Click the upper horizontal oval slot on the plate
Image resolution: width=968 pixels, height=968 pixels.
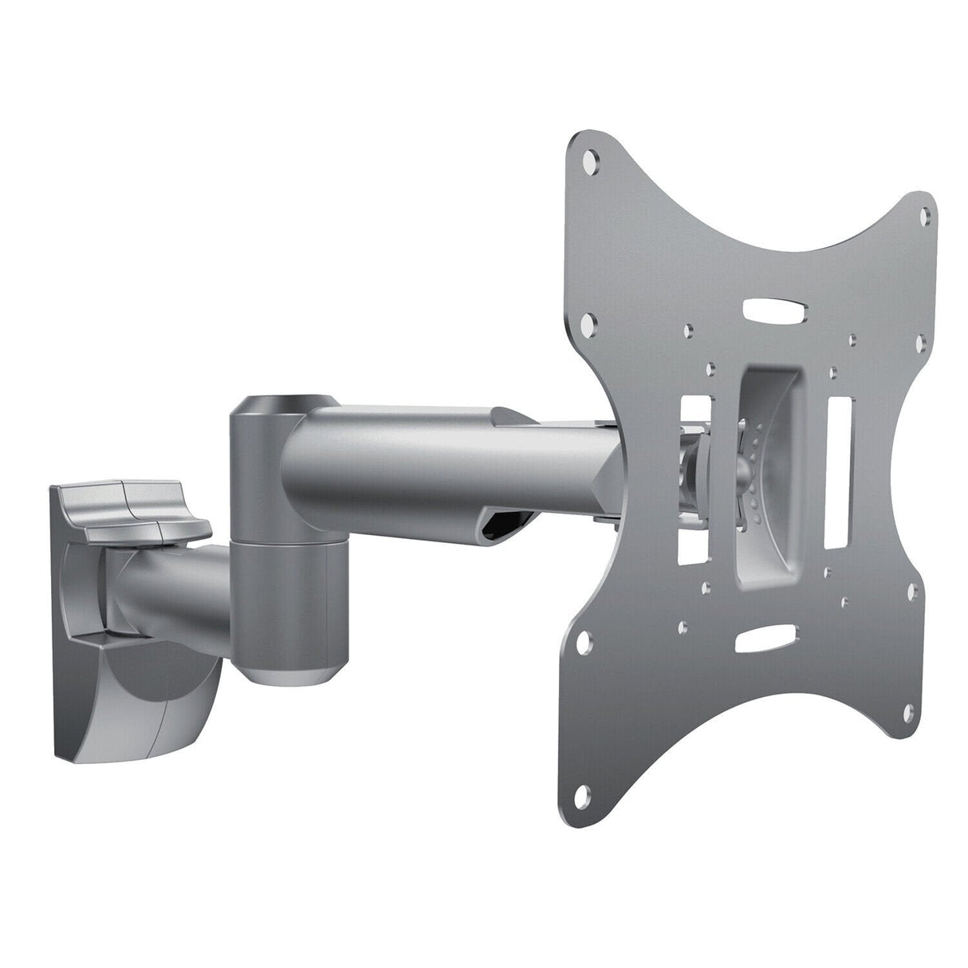click(x=773, y=311)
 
